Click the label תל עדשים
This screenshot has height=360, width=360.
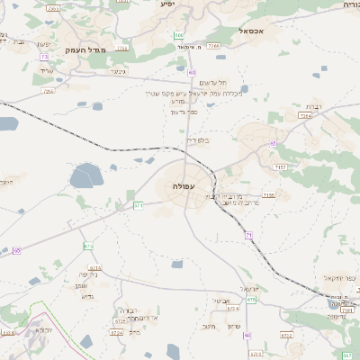pos(211,82)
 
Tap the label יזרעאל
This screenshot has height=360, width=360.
pos(252,288)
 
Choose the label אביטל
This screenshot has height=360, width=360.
pos(224,300)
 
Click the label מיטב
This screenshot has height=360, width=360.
pos(206,326)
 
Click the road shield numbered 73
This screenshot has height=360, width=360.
pos(43,57)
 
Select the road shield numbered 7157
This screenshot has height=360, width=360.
pos(281,167)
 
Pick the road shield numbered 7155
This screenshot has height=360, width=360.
pos(268,194)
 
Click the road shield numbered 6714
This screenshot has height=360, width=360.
pos(94,267)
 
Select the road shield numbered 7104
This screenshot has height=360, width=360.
pos(122,47)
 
